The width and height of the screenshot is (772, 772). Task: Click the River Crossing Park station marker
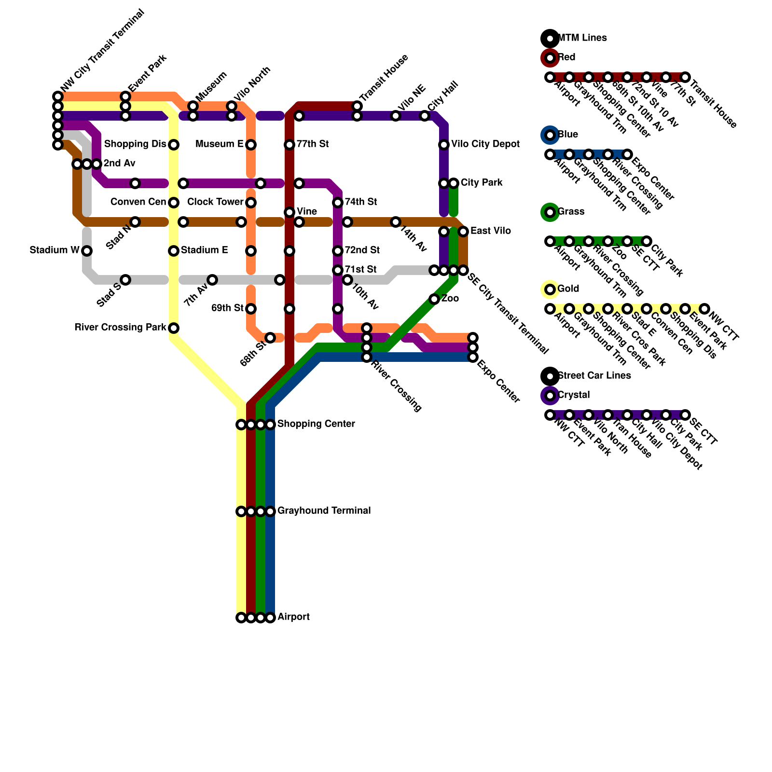174,328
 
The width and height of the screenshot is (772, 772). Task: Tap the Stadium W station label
55,250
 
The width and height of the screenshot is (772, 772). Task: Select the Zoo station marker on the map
434,299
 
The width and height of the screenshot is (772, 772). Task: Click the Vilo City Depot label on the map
485,144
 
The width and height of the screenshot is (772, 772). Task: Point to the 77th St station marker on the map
289,145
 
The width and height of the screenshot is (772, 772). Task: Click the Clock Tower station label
215,202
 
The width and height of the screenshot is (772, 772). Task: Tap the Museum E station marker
251,145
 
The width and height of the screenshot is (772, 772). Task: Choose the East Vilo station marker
463,232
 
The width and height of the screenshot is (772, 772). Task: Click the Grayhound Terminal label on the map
324,511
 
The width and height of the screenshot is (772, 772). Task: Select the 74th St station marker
338,203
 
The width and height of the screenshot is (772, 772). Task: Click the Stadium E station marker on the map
174,251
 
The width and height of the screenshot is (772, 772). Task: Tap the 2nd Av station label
119,164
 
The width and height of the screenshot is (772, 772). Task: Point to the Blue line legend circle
550,135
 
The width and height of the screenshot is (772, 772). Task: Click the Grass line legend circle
550,212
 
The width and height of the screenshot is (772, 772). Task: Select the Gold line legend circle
550,289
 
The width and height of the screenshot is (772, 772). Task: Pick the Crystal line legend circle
550,396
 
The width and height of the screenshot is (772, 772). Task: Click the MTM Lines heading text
582,38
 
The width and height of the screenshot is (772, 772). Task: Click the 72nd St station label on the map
362,250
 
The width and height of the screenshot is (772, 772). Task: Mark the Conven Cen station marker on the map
174,203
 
